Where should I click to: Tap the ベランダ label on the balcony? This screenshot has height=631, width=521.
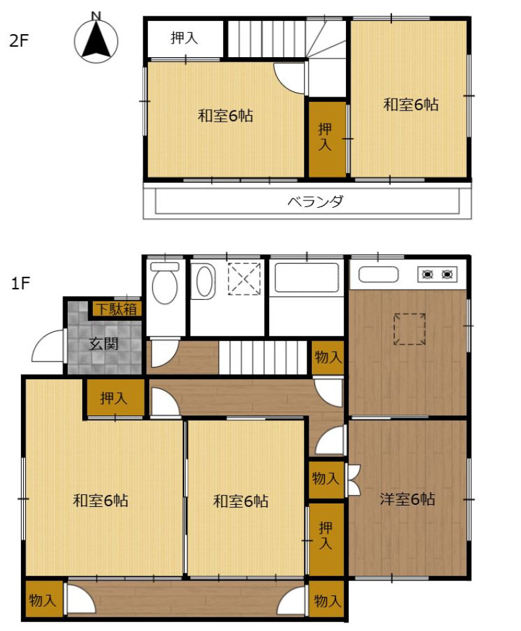315,201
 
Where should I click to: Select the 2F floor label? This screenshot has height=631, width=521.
19,41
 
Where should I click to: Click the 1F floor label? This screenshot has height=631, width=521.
20,283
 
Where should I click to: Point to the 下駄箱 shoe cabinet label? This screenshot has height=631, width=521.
116,309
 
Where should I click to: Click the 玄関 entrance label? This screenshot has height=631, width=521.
104,344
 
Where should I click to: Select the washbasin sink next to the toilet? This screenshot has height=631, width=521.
203,281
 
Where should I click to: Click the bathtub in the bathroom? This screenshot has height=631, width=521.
307,277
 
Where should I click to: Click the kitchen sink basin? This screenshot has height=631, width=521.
378,275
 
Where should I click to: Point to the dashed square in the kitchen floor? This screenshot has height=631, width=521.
410,329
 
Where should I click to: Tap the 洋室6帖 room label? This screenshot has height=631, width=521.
407,499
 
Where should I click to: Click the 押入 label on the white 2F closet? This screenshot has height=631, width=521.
184,38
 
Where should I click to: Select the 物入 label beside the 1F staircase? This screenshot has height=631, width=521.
328,356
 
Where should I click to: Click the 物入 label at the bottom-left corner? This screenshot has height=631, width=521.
42,600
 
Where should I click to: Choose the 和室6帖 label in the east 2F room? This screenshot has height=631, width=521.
410,105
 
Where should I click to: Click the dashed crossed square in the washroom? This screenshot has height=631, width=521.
244,279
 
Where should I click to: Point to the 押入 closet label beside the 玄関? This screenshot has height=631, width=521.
114,398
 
